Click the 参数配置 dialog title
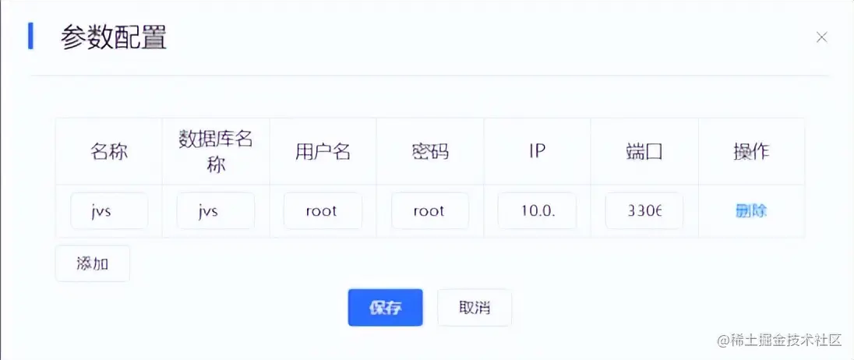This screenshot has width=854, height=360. pos(114,37)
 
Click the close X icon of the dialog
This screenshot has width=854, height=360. pos(821,37)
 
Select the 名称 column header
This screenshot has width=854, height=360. pos(109,151)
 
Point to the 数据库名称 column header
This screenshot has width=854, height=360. pos(216,151)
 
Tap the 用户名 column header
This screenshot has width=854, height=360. pos(323,151)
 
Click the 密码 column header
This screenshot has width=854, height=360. pos(429,151)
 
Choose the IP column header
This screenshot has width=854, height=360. pos(537,151)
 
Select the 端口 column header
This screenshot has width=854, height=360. pos(644,151)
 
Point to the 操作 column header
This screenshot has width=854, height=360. pos(751,151)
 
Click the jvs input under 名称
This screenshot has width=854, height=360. pos(109,211)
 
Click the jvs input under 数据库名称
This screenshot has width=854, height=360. pos(216,211)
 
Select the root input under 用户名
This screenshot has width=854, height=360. pos(323,211)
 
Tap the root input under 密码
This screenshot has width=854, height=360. pos(429,211)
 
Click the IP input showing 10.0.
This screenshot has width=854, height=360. pos(537,211)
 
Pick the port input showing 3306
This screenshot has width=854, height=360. pos(644,211)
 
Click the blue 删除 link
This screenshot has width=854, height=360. pos(751,210)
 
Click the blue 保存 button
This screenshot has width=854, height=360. pos(385,308)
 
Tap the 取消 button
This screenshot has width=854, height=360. pos(475,308)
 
